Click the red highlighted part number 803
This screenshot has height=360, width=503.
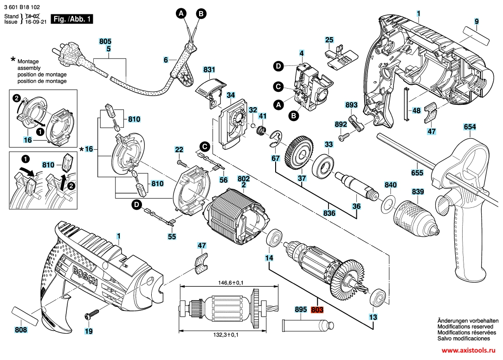(317, 309)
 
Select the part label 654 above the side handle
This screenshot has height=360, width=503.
(470, 127)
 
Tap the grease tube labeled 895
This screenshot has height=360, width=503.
(307, 326)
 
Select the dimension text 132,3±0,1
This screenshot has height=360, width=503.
(226, 335)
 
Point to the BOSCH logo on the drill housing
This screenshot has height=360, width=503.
(85, 276)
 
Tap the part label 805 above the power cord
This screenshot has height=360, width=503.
(105, 41)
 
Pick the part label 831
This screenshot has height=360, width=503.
(209, 70)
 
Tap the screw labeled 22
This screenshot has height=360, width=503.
(181, 163)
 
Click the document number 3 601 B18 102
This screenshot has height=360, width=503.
(22, 7)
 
